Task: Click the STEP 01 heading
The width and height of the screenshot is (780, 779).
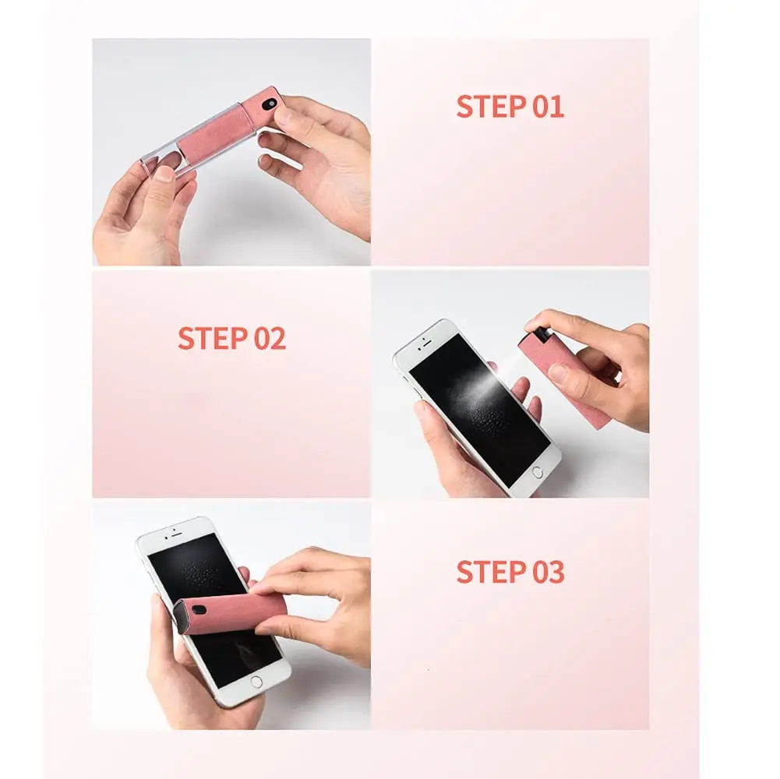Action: pyautogui.click(x=510, y=107)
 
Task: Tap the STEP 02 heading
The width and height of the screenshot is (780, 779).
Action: pyautogui.click(x=231, y=338)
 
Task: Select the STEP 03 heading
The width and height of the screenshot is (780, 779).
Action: pyautogui.click(x=510, y=572)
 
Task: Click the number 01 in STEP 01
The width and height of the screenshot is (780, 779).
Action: pyautogui.click(x=549, y=107)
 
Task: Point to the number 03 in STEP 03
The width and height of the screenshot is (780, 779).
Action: pyautogui.click(x=549, y=572)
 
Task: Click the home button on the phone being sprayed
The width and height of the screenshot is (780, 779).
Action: pyautogui.click(x=537, y=473)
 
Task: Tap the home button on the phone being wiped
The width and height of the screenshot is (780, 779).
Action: pyautogui.click(x=256, y=682)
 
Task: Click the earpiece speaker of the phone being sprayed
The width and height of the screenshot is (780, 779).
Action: pyautogui.click(x=427, y=343)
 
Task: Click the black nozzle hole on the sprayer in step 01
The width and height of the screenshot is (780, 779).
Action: pyautogui.click(x=272, y=104)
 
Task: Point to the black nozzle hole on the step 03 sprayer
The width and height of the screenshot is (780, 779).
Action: pyautogui.click(x=199, y=610)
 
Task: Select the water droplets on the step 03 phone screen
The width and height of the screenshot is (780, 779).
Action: pyautogui.click(x=199, y=572)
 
